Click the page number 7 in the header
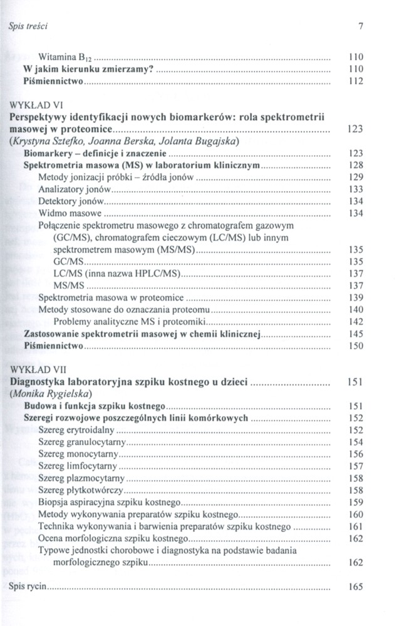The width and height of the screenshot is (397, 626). pyautogui.click(x=361, y=26)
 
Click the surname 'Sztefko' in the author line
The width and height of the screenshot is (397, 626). pyautogui.click(x=79, y=141)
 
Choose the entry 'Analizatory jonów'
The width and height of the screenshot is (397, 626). pyautogui.click(x=74, y=189)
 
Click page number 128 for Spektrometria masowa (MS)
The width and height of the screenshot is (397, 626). pyautogui.click(x=356, y=165)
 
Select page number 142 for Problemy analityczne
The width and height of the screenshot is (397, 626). pyautogui.click(x=356, y=321)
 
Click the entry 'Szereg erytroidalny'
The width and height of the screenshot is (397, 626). pyautogui.click(x=77, y=430)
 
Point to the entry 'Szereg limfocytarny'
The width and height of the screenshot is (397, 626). pyautogui.click(x=78, y=466)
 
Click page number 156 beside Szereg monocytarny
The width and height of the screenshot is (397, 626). pyautogui.click(x=356, y=454)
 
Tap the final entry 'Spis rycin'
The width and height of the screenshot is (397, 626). pyautogui.click(x=29, y=588)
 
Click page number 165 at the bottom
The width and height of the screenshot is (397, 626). pyautogui.click(x=356, y=588)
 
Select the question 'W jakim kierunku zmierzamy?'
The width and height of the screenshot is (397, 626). pyautogui.click(x=88, y=68)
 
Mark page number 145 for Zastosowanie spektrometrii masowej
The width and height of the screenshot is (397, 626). pyautogui.click(x=356, y=334)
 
